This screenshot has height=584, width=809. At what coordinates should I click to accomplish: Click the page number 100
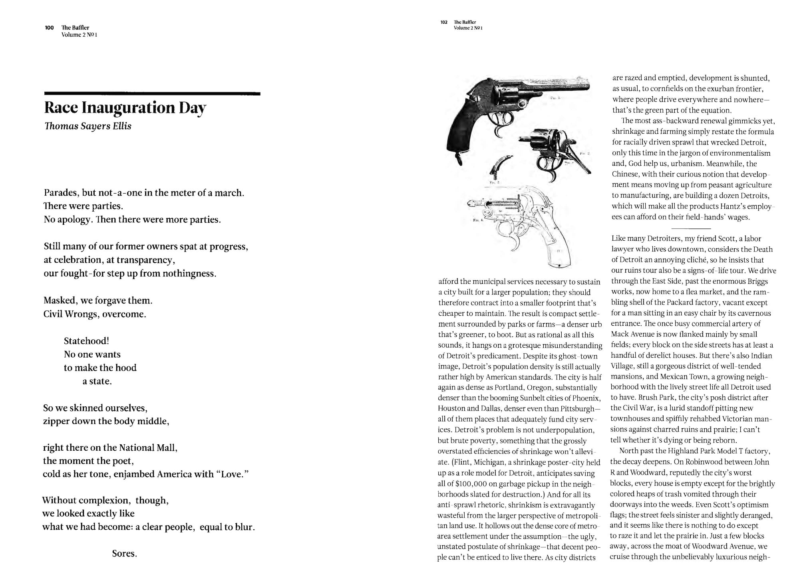coord(49,28)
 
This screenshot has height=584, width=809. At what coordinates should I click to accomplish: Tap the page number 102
coord(444,22)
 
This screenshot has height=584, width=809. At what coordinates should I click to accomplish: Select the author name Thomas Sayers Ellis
coord(88,126)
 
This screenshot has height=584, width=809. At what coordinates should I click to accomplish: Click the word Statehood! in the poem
coord(86,341)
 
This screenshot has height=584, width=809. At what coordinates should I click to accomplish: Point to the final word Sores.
coord(124,554)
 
